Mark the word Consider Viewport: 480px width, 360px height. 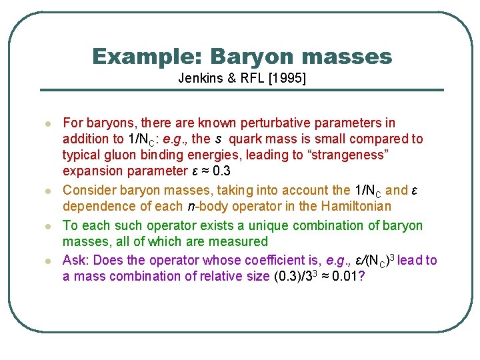87,191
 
